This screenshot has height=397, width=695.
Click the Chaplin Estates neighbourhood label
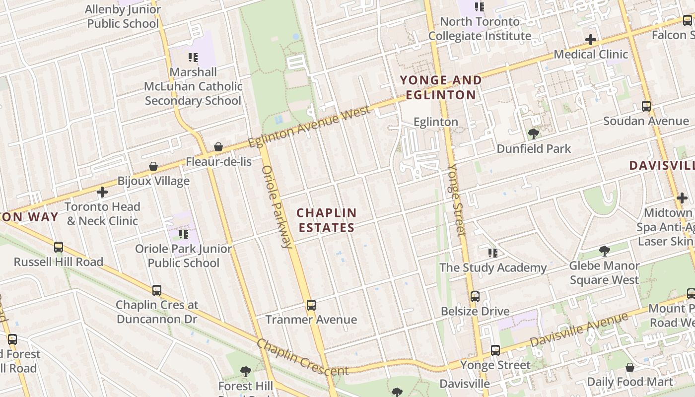[326, 220]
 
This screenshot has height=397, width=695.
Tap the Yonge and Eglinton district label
[441, 87]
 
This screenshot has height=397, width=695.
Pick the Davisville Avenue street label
[579, 330]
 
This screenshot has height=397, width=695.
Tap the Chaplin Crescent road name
[302, 358]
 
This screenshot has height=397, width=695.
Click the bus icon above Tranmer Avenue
[311, 305]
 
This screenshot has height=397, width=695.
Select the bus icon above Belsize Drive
[475, 297]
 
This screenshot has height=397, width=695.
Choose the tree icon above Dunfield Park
[534, 133]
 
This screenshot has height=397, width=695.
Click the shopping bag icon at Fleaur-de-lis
[218, 147]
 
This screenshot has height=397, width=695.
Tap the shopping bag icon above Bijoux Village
[153, 166]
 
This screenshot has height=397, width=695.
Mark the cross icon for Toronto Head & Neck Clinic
[102, 192]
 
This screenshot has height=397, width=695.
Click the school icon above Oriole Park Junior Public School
[184, 234]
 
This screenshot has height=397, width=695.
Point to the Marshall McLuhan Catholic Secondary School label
[193, 86]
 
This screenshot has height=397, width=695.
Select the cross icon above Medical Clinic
[591, 39]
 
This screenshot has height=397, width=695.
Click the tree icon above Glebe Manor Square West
[604, 251]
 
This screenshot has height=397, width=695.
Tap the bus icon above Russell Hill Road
[59, 247]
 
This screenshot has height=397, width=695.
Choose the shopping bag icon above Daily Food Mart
[630, 367]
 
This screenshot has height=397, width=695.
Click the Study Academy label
[493, 267]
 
